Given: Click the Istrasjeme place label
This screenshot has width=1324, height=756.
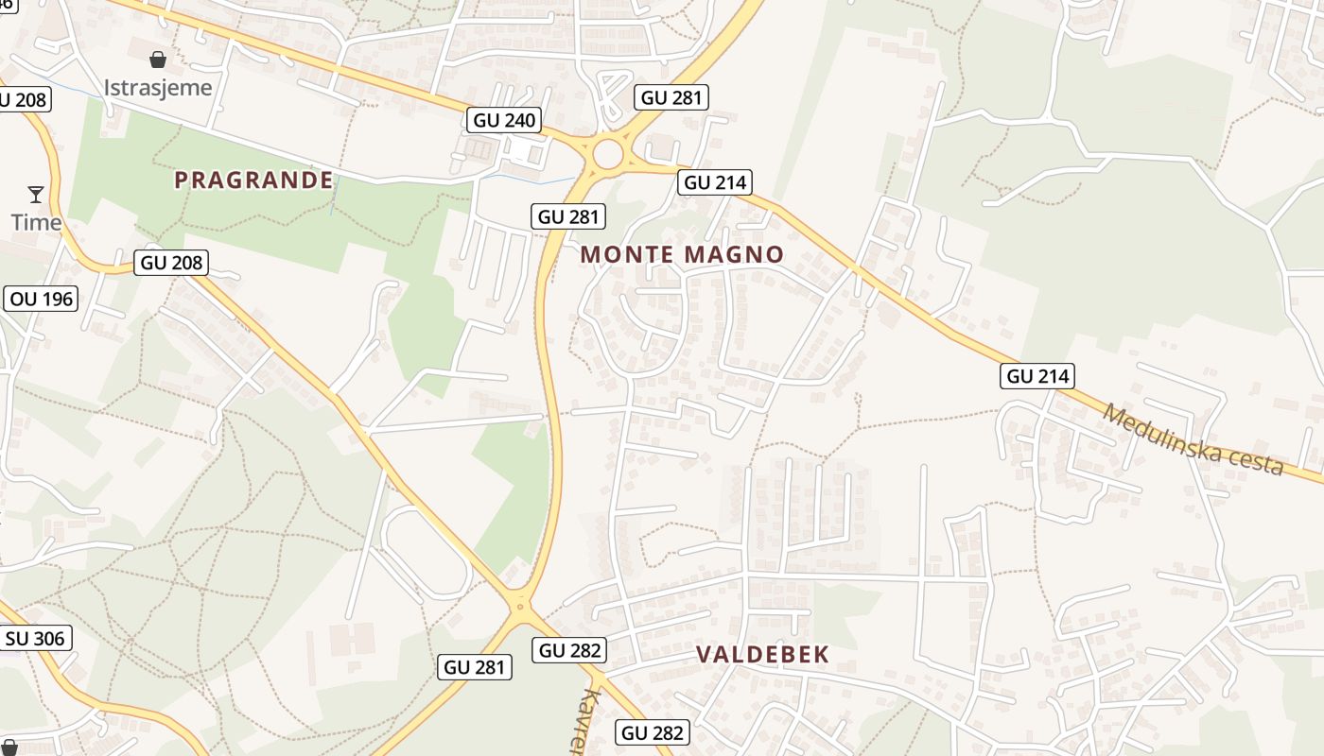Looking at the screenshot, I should click(x=158, y=88).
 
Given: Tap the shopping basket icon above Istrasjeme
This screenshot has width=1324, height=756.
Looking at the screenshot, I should click(x=158, y=60).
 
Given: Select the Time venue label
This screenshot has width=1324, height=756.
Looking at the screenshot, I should click(x=36, y=223).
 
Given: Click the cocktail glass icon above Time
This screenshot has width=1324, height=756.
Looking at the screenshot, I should click(x=36, y=195).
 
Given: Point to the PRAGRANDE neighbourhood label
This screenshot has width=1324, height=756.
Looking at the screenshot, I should click(x=253, y=180).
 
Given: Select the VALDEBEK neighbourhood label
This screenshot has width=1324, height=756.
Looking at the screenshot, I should click(x=762, y=654).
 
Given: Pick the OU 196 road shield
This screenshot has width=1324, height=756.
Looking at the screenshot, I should click(x=43, y=300).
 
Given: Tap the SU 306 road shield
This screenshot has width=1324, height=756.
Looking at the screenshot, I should click(x=35, y=639).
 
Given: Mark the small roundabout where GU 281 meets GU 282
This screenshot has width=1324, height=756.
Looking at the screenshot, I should click(x=519, y=606).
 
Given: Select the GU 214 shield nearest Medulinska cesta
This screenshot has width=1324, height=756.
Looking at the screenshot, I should click(x=1037, y=376).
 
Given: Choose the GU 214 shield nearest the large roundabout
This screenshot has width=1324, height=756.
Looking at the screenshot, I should click(x=714, y=182).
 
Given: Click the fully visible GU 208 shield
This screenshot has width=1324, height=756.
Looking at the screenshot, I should click(x=171, y=263).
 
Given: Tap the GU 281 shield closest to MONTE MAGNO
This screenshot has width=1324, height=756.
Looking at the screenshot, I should click(x=568, y=216).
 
